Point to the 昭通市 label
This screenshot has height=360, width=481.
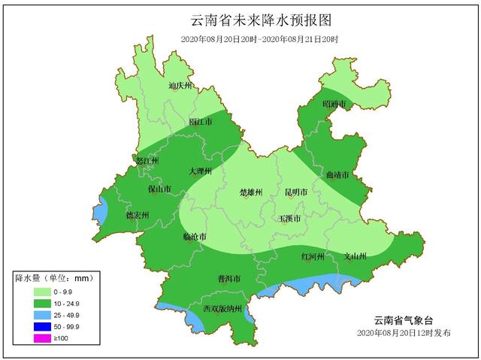click(334, 104)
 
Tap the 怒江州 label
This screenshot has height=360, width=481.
click(145, 161)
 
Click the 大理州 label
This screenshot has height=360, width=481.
click(201, 171)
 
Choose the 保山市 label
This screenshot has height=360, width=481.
click(159, 189)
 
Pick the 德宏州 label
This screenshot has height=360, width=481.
click(137, 215)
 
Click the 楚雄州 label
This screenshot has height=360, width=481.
click(251, 192)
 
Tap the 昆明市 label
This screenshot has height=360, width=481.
click(297, 192)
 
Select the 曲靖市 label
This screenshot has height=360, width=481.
click(337, 175)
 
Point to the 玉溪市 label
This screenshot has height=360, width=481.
click(289, 219)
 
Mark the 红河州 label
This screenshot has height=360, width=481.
click(312, 256)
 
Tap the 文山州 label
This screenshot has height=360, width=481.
click(354, 256)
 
